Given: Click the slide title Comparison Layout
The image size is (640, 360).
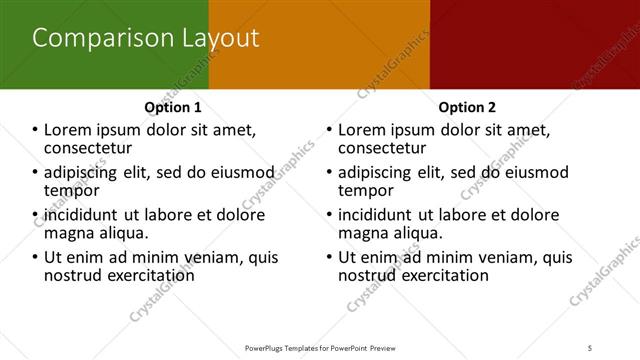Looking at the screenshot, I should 146,39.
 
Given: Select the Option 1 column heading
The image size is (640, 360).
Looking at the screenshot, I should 173,107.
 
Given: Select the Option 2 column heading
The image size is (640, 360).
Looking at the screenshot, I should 466,107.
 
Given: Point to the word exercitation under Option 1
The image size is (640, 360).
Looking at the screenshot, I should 144,275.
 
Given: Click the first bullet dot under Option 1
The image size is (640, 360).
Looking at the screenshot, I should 35,130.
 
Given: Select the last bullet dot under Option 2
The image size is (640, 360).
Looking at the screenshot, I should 330,257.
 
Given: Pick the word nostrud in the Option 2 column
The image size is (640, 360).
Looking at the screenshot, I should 371,275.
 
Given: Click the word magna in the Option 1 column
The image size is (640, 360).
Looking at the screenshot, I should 68,233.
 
